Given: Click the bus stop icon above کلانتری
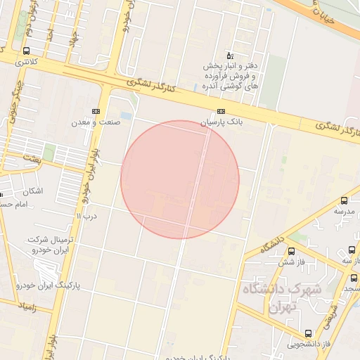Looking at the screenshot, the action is point(26,51).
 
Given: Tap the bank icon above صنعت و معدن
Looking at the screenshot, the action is point(96,111).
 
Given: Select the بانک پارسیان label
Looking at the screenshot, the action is point(222,122).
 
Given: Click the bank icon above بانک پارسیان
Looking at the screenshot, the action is point(222,111).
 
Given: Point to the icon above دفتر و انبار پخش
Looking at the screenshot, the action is point(229,56).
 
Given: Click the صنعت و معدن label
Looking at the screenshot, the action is point(96,122).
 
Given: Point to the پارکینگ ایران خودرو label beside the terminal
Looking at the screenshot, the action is point(48,286).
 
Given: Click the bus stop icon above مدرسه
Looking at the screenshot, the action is point(344,200).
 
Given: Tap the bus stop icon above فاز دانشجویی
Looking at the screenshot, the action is point(308,333).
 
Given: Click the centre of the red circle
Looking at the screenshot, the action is point(180,179).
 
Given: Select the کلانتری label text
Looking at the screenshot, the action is point(26,62).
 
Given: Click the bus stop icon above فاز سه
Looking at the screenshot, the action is point(352,250).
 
